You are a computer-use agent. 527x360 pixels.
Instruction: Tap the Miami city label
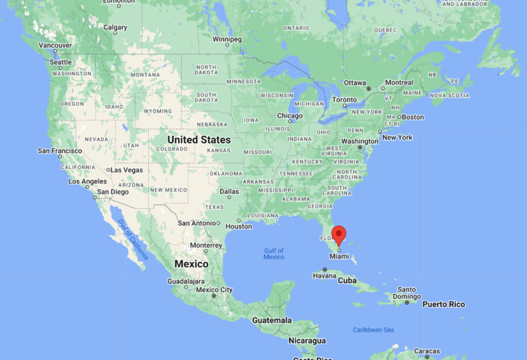[339, 256]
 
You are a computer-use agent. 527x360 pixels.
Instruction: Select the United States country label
[199, 140]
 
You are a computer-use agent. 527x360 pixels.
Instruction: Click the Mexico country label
[191, 264]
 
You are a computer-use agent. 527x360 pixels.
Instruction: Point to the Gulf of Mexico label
[273, 254]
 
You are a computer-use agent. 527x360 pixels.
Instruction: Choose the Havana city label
[324, 276]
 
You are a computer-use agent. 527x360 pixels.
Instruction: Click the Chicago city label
[290, 116]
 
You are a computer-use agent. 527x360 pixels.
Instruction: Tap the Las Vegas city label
[126, 169]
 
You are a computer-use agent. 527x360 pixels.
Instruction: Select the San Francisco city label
[59, 151]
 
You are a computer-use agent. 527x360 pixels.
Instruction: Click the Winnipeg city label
[227, 39]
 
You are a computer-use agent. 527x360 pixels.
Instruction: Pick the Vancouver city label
[55, 45]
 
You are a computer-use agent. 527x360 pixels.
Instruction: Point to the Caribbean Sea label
[373, 329]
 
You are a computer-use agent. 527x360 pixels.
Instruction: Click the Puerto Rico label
[443, 304]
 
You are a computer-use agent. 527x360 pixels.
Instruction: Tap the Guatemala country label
[272, 320]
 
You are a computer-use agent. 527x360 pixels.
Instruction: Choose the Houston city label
[238, 226]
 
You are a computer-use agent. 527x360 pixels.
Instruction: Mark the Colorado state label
[172, 149]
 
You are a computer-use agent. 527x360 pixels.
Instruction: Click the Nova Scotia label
[450, 95]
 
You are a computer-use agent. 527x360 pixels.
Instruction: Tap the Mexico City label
[214, 290]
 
